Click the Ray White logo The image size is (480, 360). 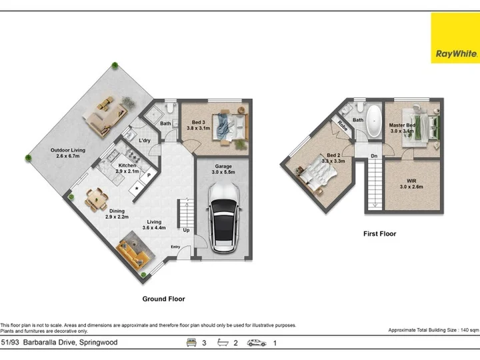455,38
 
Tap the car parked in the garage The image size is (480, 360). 224,217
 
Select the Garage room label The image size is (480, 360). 223,169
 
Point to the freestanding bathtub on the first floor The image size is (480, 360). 374,121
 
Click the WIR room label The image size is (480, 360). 411,184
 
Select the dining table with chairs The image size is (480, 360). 97,200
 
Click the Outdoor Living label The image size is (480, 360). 67,153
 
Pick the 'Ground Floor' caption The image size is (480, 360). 163,299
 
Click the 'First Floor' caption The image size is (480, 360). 379,233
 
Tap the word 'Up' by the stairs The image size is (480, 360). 186,230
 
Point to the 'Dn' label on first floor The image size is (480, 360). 374,156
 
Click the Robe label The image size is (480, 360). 343,126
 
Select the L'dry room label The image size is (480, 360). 145,141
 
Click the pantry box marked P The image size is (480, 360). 149,175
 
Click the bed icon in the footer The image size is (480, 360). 191,343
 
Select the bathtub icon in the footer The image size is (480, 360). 223,343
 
